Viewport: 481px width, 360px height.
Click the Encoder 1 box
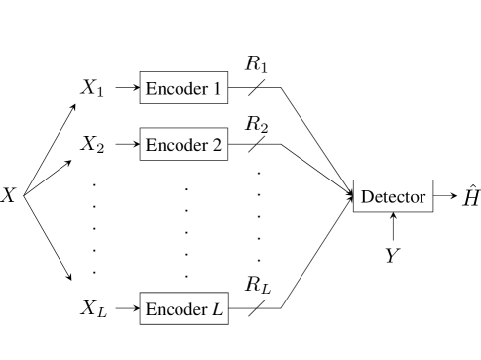pyautogui.click(x=184, y=88)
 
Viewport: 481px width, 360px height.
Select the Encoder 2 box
pyautogui.click(x=184, y=145)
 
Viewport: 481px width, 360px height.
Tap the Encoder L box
pyautogui.click(x=184, y=309)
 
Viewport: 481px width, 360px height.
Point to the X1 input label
pyautogui.click(x=92, y=89)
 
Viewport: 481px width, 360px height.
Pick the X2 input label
pyautogui.click(x=92, y=145)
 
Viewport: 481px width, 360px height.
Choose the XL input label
pyautogui.click(x=93, y=309)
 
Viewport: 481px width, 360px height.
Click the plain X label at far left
pyautogui.click(x=9, y=195)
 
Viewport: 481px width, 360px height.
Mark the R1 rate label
pyautogui.click(x=257, y=64)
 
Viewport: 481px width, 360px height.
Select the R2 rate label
pyautogui.click(x=257, y=124)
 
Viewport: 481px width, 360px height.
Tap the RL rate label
pyautogui.click(x=258, y=286)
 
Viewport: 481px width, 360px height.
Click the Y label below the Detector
pyautogui.click(x=393, y=256)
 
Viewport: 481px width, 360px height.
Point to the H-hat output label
pyautogui.click(x=471, y=196)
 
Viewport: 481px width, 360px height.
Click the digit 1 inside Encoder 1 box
pyautogui.click(x=217, y=88)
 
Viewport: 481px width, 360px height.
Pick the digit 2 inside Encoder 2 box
pyautogui.click(x=217, y=145)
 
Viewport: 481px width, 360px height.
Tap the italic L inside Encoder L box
pyautogui.click(x=218, y=309)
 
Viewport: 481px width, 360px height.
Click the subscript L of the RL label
pyautogui.click(x=266, y=290)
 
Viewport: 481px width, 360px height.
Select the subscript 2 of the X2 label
pyautogui.click(x=100, y=149)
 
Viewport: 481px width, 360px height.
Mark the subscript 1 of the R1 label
pyautogui.click(x=264, y=68)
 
